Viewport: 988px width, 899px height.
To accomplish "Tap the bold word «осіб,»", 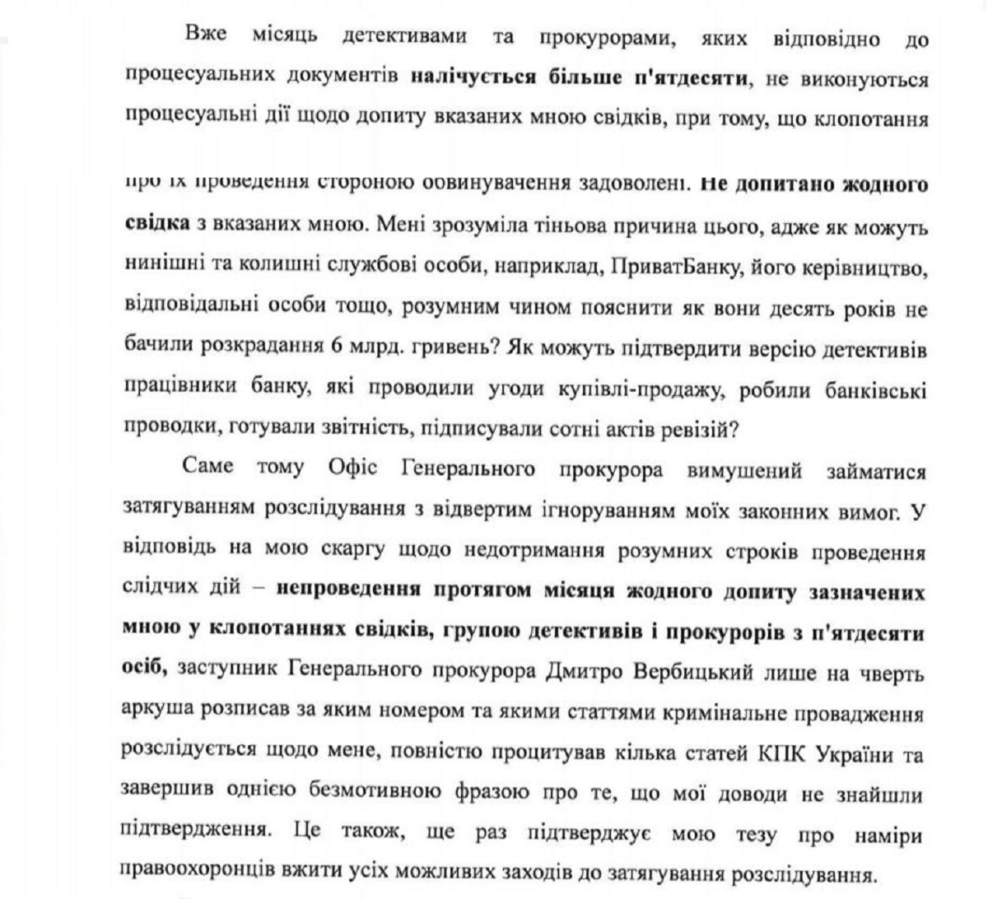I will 145,671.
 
